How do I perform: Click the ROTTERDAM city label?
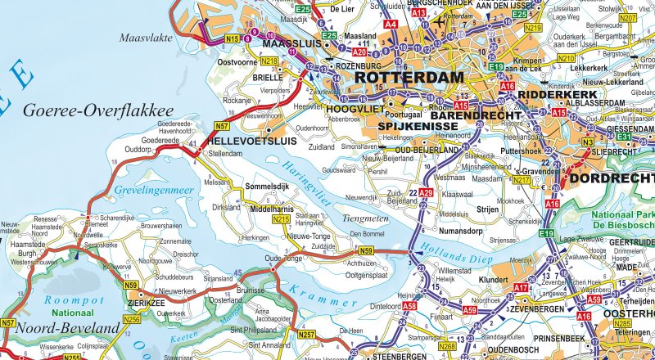tap(409, 78)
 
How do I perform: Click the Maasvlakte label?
tap(147, 37)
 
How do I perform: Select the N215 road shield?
tap(281, 219)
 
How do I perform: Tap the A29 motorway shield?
tap(426, 192)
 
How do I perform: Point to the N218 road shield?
tap(269, 61)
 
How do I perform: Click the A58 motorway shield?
tap(409, 305)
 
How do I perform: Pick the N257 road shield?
tap(306, 335)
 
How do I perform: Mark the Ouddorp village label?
tap(139, 149)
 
